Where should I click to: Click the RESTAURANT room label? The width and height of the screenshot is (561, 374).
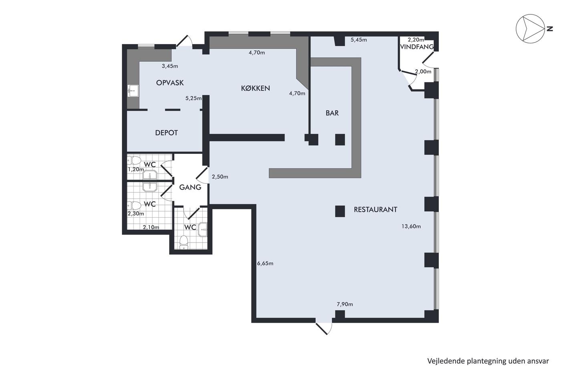point(375,209)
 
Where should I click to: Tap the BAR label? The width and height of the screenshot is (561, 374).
point(332,113)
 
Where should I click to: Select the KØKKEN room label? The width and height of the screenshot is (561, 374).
point(256,88)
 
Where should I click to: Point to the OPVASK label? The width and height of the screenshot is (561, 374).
point(170,83)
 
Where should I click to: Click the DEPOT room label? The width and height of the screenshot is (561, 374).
point(167,133)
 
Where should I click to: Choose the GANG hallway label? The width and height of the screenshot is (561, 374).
point(190,187)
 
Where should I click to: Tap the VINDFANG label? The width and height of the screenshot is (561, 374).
point(417,47)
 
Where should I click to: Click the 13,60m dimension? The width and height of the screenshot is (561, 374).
point(411,226)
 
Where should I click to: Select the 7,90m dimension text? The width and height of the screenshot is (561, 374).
point(345,304)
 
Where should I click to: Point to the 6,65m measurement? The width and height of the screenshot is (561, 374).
point(265,263)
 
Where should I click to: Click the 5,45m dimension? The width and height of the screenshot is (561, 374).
point(359,40)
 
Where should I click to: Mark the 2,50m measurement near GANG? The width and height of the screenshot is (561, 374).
point(220,177)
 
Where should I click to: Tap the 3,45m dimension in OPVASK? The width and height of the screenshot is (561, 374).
point(170,66)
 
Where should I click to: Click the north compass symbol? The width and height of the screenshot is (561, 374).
point(530,28)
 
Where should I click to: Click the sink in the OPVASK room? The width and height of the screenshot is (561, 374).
point(133,91)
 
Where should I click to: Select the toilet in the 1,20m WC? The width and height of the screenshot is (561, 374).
point(134,160)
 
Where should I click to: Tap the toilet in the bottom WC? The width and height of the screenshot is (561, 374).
point(184,243)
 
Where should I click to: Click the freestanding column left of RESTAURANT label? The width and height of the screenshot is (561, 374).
point(340,211)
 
